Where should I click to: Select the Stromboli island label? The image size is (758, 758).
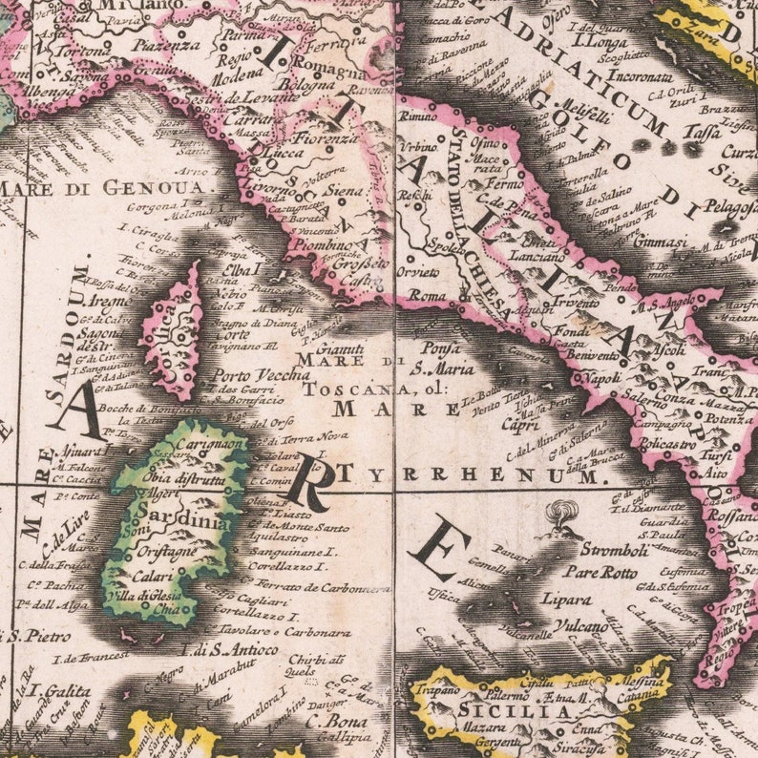pyautogui.click(x=598, y=551)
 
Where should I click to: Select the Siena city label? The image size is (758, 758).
pyautogui.click(x=347, y=191)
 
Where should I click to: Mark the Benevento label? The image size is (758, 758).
pyautogui.click(x=593, y=355)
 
